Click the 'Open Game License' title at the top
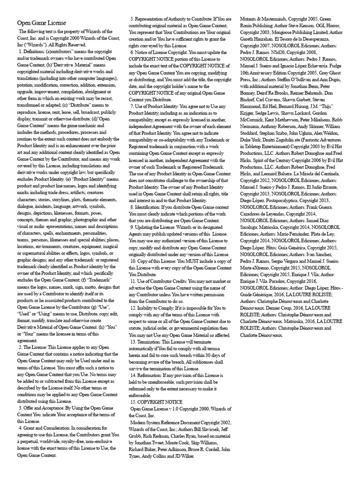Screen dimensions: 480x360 (42, 23)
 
